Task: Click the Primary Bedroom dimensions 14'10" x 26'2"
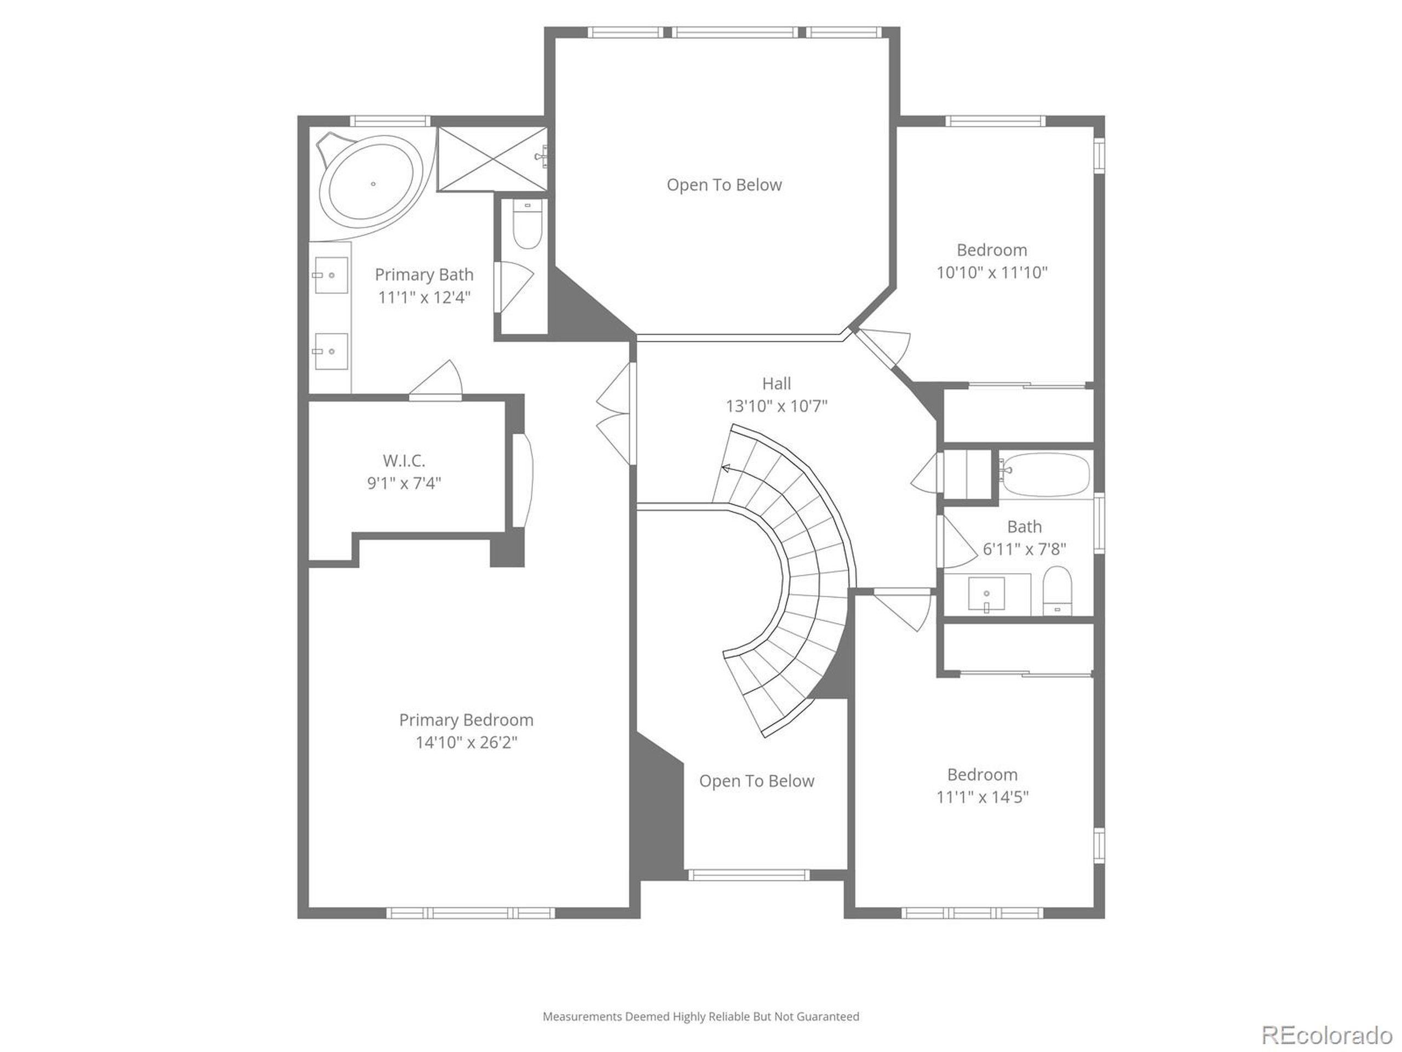[467, 742]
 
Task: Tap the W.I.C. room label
[404, 460]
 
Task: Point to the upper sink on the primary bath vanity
[331, 275]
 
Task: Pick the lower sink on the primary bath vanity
[331, 351]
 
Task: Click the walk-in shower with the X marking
[492, 158]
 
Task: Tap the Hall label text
[777, 384]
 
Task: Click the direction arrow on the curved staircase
[726, 468]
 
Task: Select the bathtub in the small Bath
[1047, 474]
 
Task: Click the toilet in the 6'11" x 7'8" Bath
[1057, 592]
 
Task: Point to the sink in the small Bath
[986, 594]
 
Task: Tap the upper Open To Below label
[724, 185]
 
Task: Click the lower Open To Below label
[756, 781]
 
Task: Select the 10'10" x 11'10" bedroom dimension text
[992, 273]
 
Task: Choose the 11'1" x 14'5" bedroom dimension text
[982, 797]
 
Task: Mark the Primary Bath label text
[424, 275]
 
